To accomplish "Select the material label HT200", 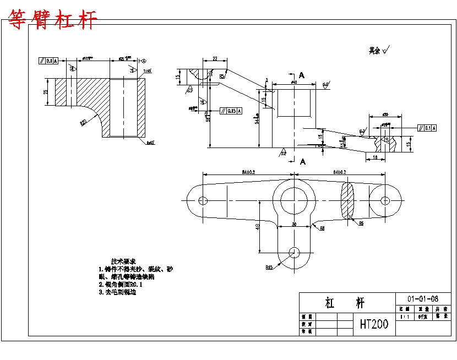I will [x=374, y=324].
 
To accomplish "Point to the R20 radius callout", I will [x=84, y=123].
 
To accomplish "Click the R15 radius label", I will [x=269, y=268].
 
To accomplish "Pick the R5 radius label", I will [x=361, y=223].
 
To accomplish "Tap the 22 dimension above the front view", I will [x=215, y=58].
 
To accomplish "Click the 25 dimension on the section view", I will [x=46, y=92].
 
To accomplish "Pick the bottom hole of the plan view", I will [x=294, y=252].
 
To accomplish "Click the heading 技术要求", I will [x=123, y=261].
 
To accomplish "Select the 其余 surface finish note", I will [x=379, y=50].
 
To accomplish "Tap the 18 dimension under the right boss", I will [x=375, y=157].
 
